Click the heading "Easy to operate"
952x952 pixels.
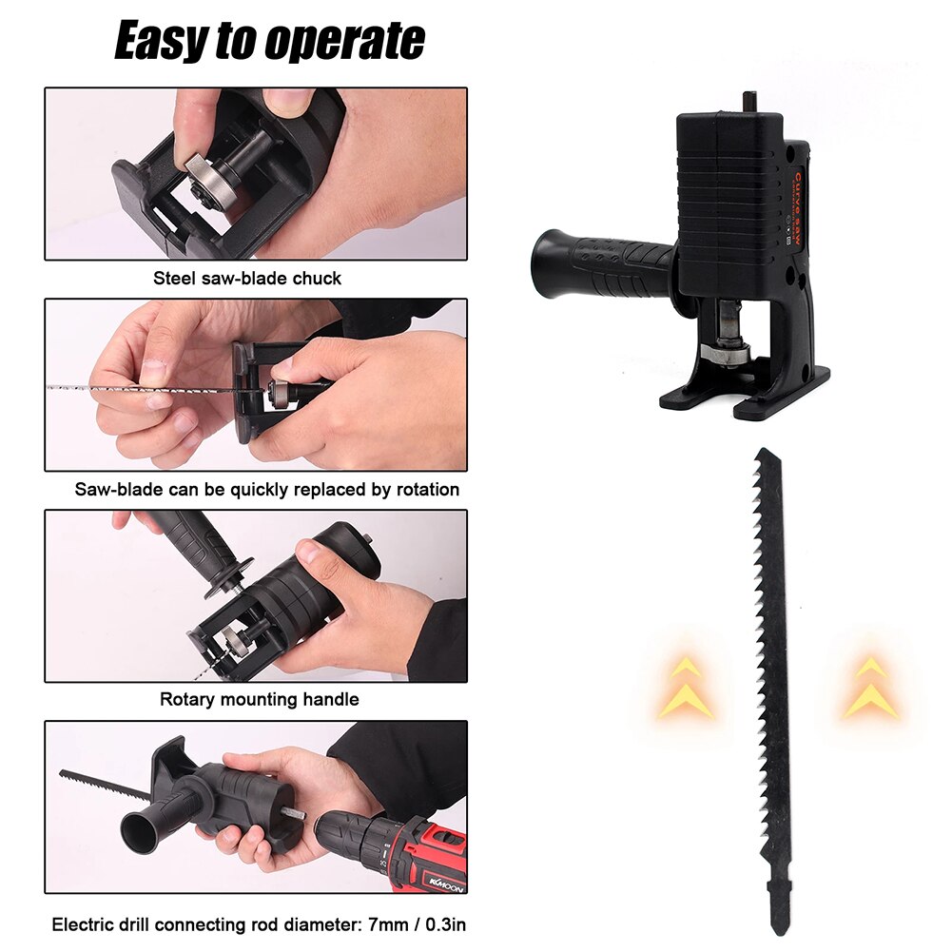tap(269, 42)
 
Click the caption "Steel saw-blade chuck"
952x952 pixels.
tap(247, 279)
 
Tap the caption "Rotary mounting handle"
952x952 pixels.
tap(259, 699)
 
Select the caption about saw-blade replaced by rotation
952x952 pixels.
tap(266, 490)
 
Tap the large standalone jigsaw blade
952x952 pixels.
tap(772, 666)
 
